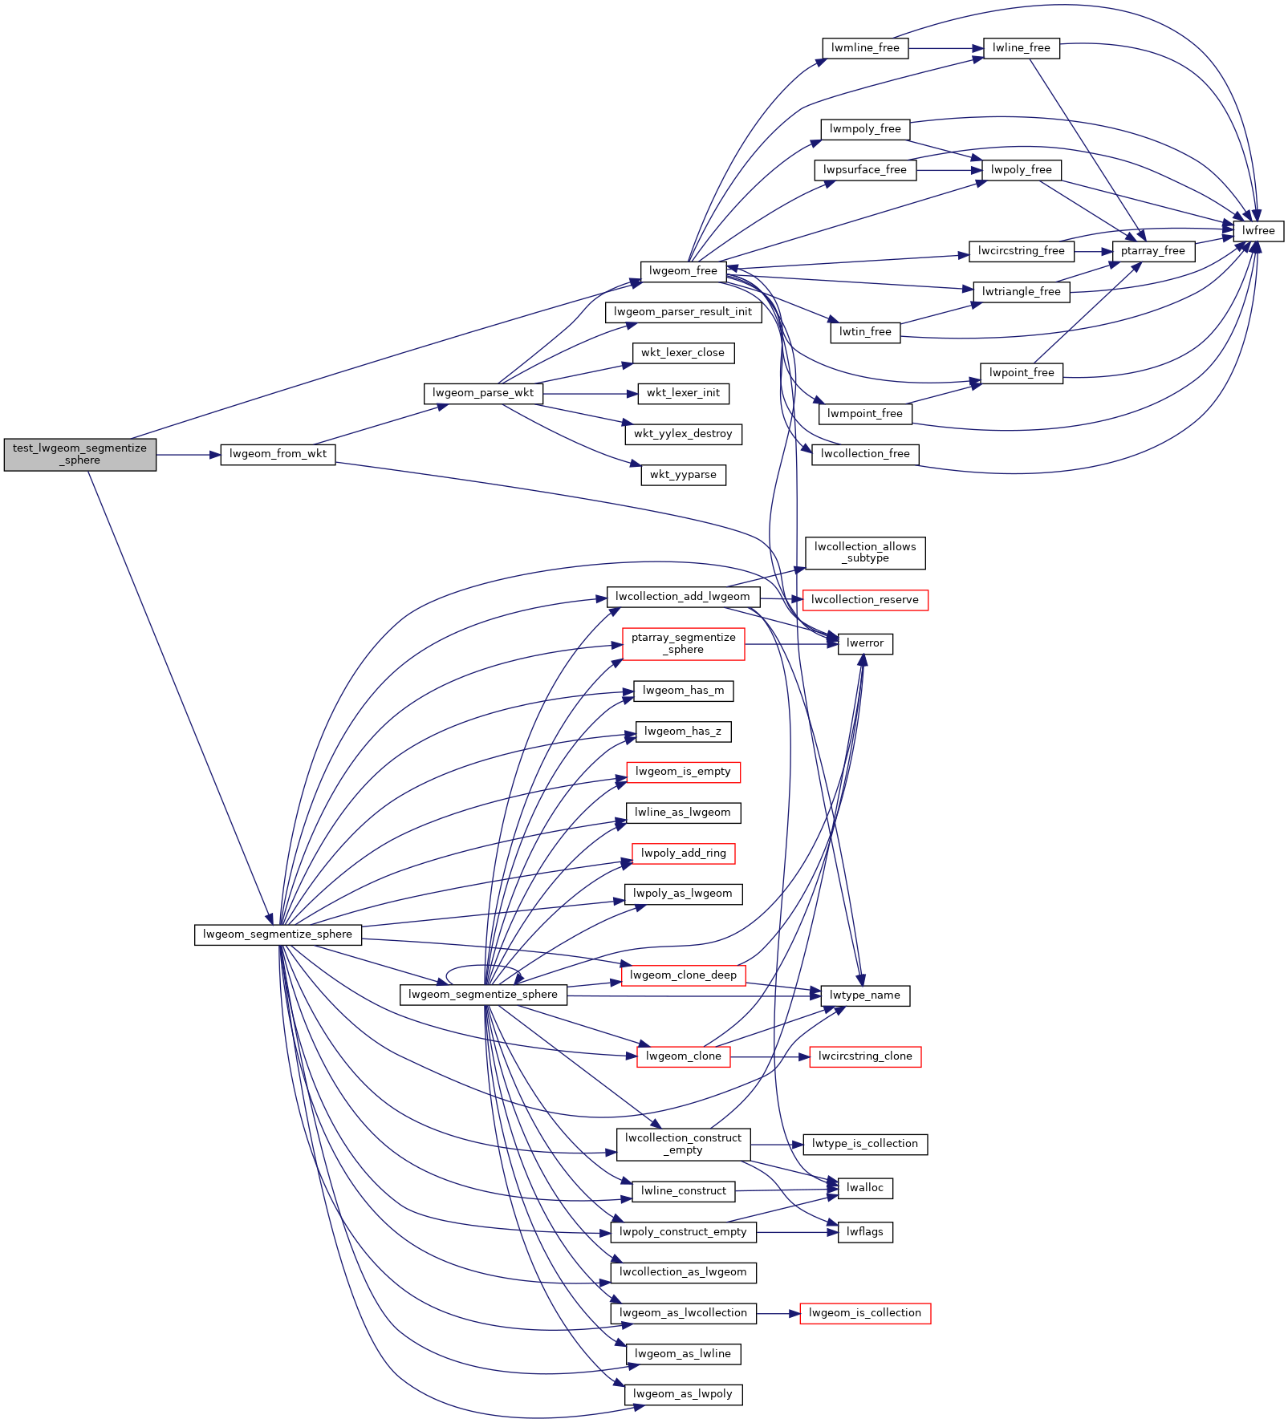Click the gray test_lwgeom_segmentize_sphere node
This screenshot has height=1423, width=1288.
tap(79, 454)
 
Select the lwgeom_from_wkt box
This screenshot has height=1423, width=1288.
tap(278, 454)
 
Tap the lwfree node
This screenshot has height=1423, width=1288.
tap(1258, 231)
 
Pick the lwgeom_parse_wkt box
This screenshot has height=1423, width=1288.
tap(482, 393)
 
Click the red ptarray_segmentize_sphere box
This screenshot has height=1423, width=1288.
tap(683, 643)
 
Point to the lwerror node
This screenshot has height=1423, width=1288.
tap(864, 643)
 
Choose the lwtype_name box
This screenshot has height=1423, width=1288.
tap(864, 995)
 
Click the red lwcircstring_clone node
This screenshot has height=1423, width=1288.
tap(864, 1056)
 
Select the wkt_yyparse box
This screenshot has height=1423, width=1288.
tap(683, 475)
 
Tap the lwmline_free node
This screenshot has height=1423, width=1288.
tap(864, 48)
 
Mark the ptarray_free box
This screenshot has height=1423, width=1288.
tap(1152, 251)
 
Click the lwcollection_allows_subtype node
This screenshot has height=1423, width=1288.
tap(864, 553)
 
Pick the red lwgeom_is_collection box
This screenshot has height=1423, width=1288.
tap(864, 1313)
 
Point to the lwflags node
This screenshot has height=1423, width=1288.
tap(864, 1232)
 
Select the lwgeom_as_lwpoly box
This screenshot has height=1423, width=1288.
tap(683, 1394)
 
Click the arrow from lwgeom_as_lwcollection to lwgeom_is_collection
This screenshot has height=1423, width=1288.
tap(778, 1314)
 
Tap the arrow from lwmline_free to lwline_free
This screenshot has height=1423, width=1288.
tap(945, 48)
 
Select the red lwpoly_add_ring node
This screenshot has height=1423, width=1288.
tap(683, 853)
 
